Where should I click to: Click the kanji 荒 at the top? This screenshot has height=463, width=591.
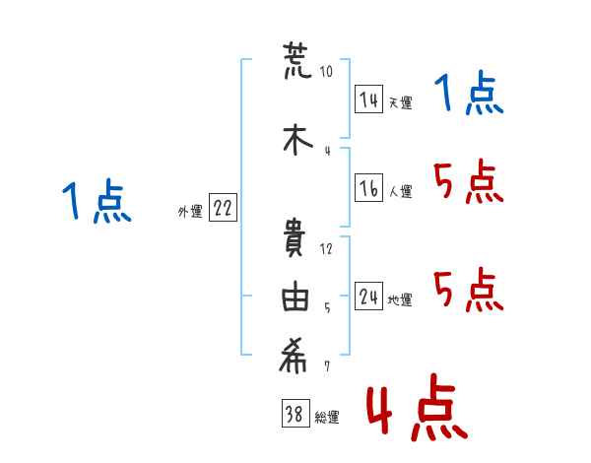pyautogui.click(x=297, y=61)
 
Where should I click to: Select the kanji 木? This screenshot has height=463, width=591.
pyautogui.click(x=297, y=140)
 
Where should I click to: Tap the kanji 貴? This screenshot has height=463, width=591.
pyautogui.click(x=294, y=238)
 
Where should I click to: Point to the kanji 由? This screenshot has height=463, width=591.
pyautogui.click(x=295, y=296)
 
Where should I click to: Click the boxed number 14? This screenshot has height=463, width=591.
pyautogui.click(x=368, y=99)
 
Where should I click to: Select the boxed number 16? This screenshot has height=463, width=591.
pyautogui.click(x=368, y=187)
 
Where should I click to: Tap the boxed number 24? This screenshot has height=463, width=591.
pyautogui.click(x=368, y=296)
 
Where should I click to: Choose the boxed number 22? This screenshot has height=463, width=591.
pyautogui.click(x=223, y=208)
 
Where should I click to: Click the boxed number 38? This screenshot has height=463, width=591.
pyautogui.click(x=295, y=413)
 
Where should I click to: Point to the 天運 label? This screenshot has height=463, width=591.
pyautogui.click(x=400, y=102)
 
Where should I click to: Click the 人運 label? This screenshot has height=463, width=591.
pyautogui.click(x=400, y=191)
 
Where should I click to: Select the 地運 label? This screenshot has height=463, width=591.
pyautogui.click(x=400, y=299)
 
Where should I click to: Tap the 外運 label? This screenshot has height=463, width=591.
pyautogui.click(x=190, y=211)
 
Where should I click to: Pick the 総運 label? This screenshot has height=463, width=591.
pyautogui.click(x=327, y=417)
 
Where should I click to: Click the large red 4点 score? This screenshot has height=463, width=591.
pyautogui.click(x=417, y=408)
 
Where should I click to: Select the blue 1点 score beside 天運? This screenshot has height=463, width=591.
pyautogui.click(x=469, y=94)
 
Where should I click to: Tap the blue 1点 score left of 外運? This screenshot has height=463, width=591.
pyautogui.click(x=97, y=201)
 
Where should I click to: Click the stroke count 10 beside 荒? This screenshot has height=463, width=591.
pyautogui.click(x=326, y=71)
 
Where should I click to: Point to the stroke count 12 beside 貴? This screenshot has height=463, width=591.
pyautogui.click(x=326, y=249)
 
